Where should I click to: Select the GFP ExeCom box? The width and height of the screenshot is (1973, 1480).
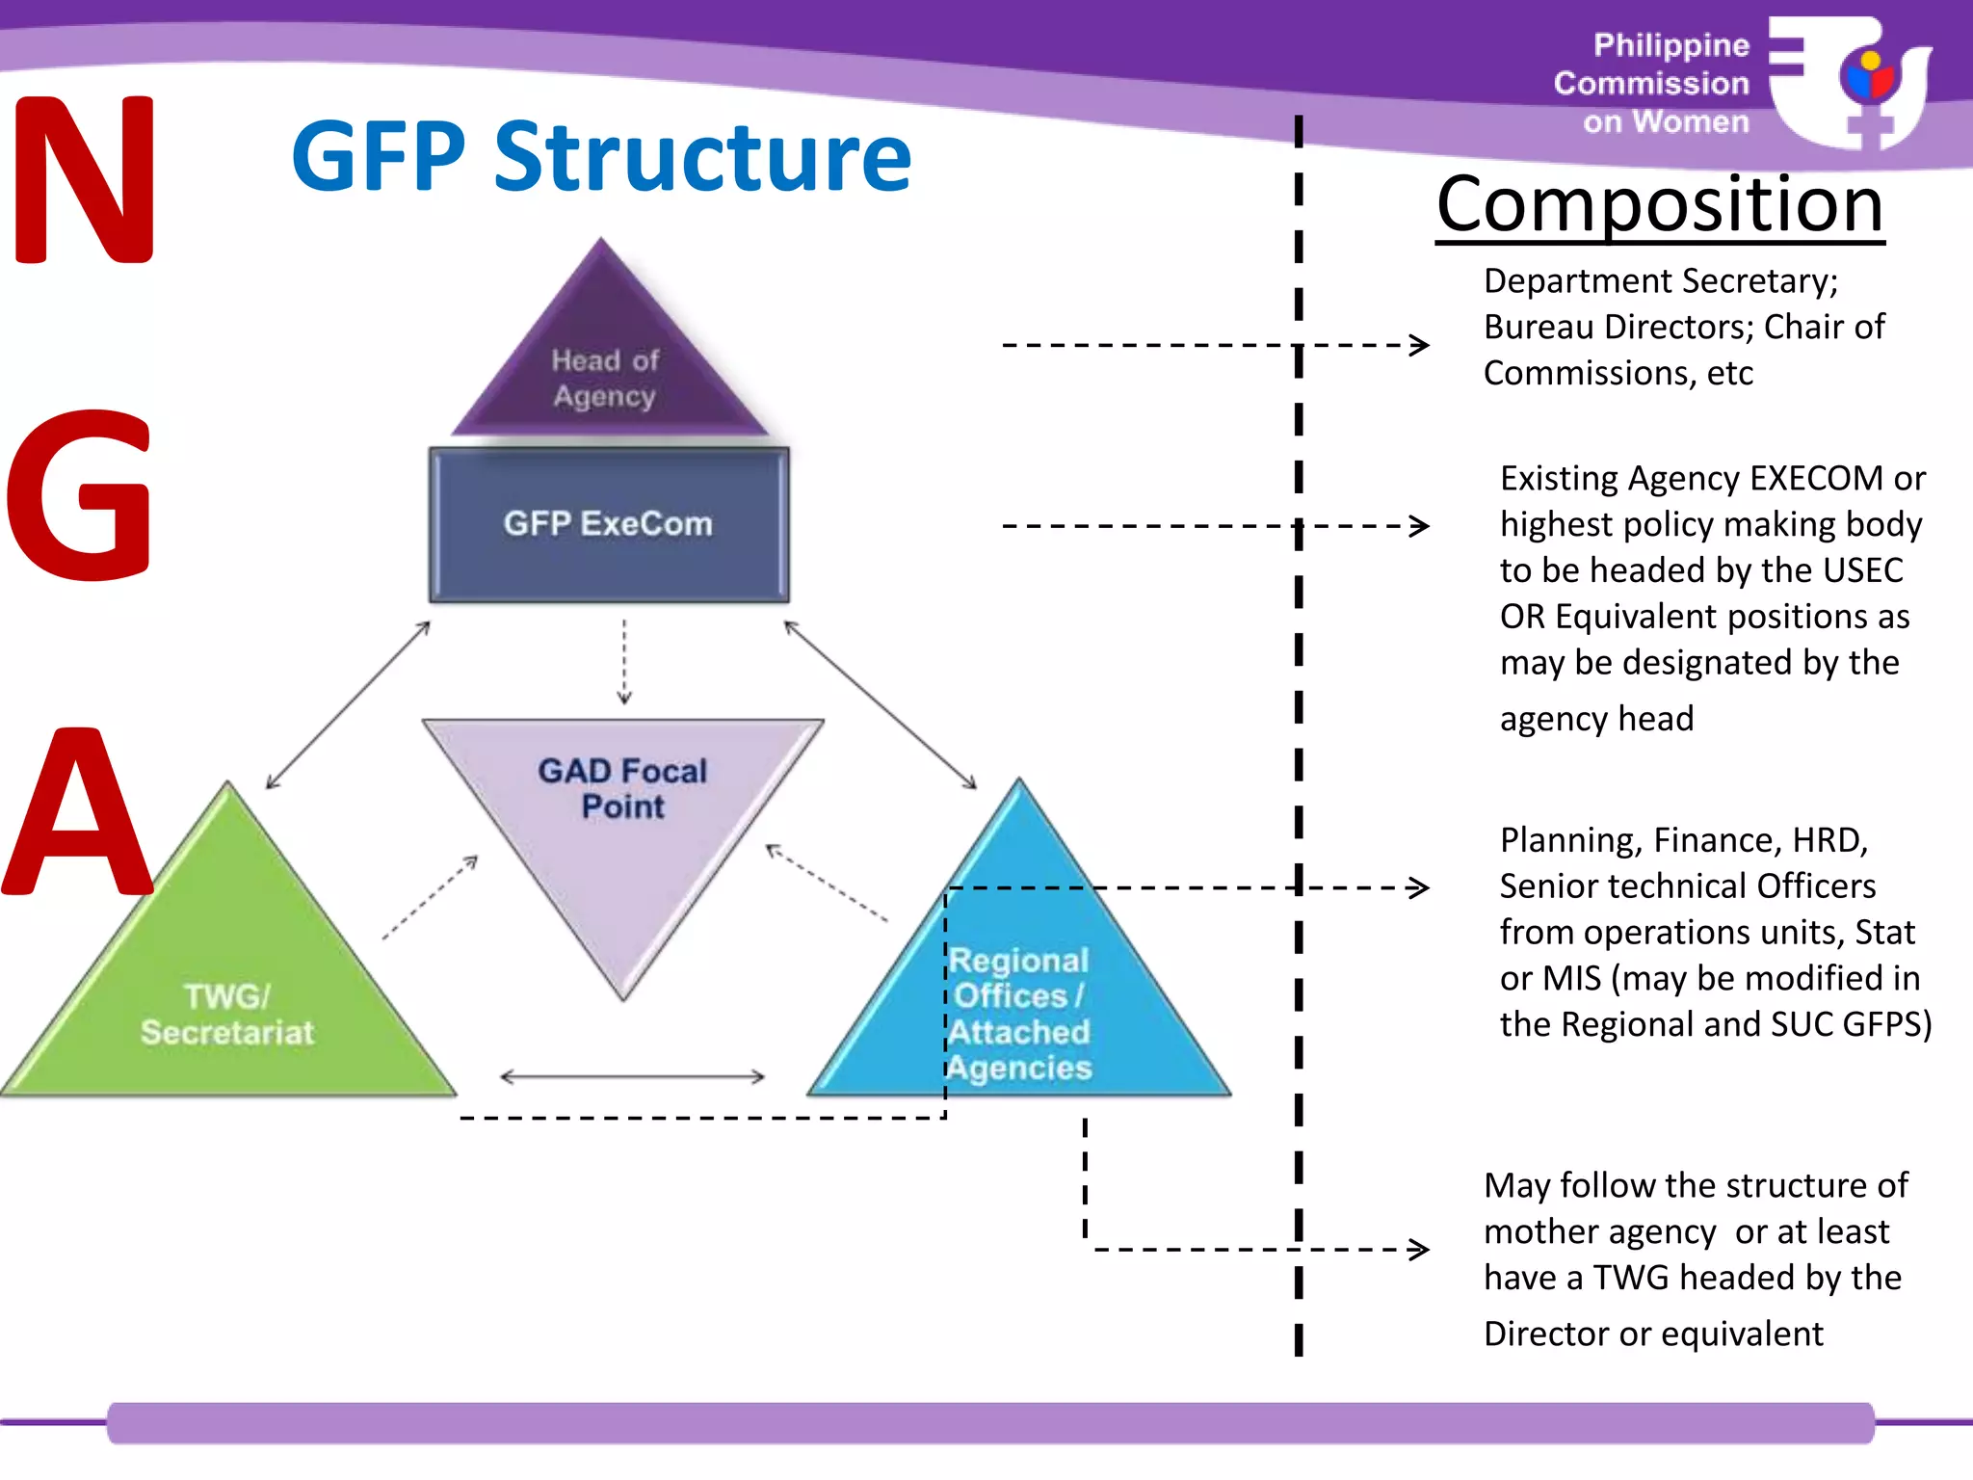point(608,524)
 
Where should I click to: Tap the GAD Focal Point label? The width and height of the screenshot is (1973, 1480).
point(622,788)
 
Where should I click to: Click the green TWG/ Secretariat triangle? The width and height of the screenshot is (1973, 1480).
point(228,1002)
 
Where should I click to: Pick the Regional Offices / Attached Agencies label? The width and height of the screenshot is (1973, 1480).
point(1019,1014)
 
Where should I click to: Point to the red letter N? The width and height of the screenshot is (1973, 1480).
point(85,179)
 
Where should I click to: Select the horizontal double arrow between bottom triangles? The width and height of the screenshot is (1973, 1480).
point(632,1076)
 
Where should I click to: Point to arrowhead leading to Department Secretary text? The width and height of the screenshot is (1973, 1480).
point(1419,345)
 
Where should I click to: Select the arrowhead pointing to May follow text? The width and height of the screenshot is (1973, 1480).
point(1419,1250)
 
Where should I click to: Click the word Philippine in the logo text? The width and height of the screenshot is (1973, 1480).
point(1670,45)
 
